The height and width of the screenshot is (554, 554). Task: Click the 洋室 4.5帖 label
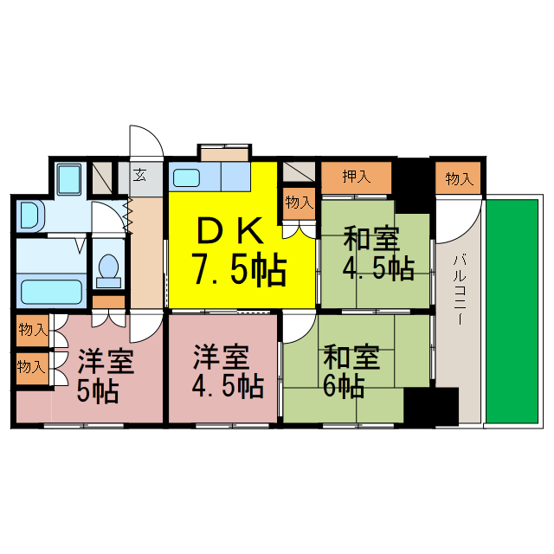pos(222,370)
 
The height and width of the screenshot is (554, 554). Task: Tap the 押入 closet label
pos(356,178)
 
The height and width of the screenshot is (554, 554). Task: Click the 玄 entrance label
pos(139,175)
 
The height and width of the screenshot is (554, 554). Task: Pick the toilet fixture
pos(109,270)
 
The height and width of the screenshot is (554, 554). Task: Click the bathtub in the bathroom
pos(49,290)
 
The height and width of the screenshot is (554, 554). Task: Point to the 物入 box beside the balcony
pos(459,179)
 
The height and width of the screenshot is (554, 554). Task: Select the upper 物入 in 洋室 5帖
pos(31,330)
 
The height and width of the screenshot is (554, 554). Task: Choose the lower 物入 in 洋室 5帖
pos(31,367)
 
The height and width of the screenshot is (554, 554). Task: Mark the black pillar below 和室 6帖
pos(430,406)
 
